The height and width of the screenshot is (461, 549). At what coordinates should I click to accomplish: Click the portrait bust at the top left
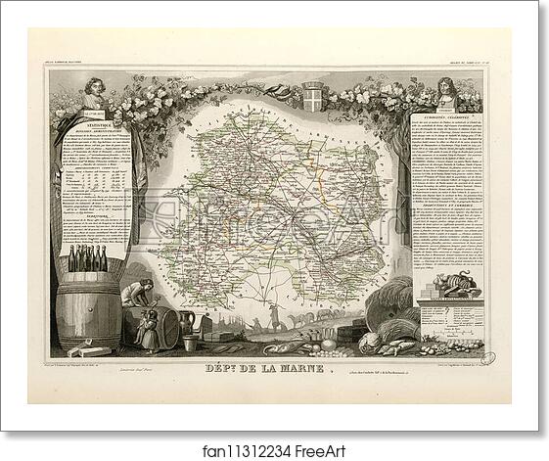tap(93, 94)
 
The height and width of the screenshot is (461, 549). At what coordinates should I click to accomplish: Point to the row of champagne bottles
tap(86, 258)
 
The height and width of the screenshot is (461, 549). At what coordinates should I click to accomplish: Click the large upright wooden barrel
tap(87, 312)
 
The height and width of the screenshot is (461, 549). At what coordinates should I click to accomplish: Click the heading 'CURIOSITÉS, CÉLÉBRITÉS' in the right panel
tap(442, 115)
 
